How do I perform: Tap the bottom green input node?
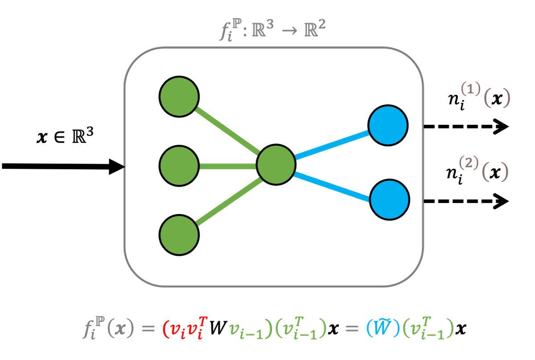coord(179,235)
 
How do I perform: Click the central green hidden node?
coord(276,166)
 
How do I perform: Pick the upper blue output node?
coord(387,126)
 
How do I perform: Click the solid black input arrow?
coord(62,167)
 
